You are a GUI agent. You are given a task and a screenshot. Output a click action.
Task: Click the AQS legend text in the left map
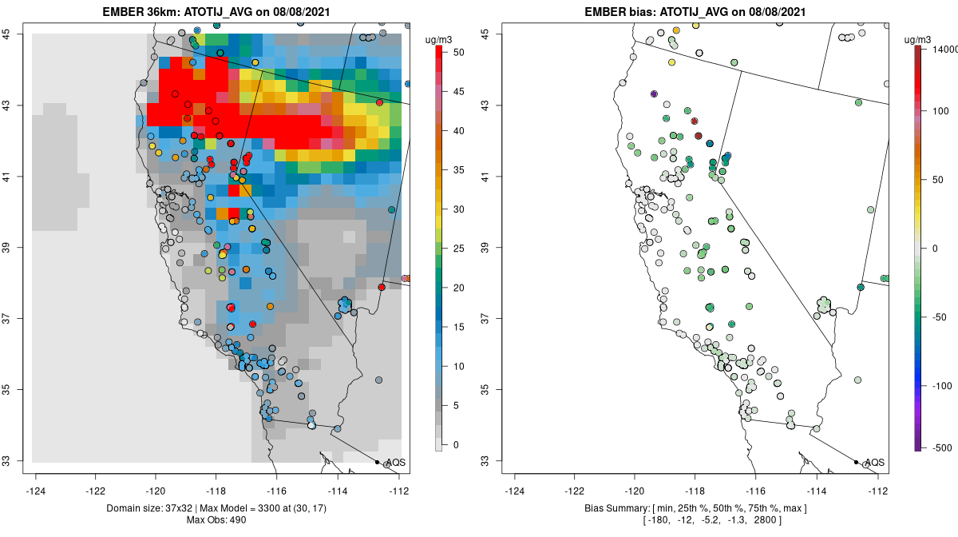(x=395, y=463)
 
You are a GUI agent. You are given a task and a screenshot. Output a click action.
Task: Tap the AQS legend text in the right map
(x=874, y=463)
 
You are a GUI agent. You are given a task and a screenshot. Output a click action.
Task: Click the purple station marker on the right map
(x=654, y=94)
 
